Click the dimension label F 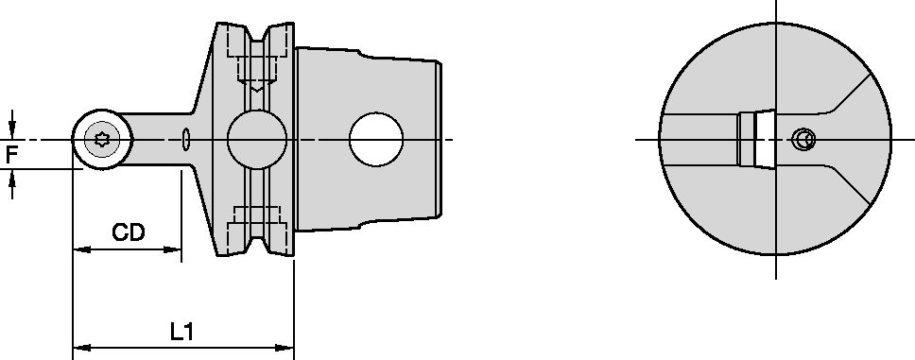(x=11, y=153)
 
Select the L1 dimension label (x=181, y=332)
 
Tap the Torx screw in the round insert (x=102, y=140)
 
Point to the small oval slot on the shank (x=185, y=140)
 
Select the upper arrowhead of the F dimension (x=11, y=130)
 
